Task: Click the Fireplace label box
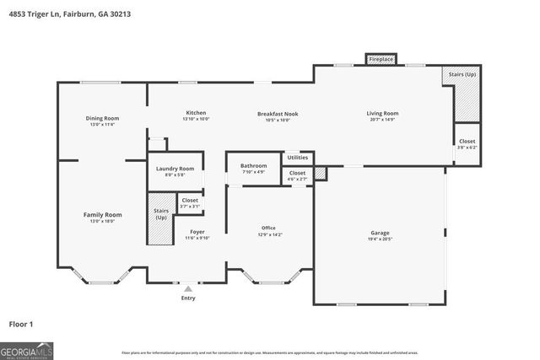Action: tap(381, 60)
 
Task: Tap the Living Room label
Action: tap(381, 114)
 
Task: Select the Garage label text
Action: tap(380, 233)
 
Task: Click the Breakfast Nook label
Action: tap(278, 114)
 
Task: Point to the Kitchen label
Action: tap(196, 113)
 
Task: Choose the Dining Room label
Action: tap(102, 118)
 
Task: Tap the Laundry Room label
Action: tap(175, 169)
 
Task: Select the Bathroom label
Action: tap(253, 165)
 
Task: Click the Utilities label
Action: tap(297, 158)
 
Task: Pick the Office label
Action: tap(268, 228)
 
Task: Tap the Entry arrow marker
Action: tap(187, 289)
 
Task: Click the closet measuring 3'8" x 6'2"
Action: tap(467, 143)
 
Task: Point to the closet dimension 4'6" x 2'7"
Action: tap(297, 179)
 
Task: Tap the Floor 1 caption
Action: tap(22, 323)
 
